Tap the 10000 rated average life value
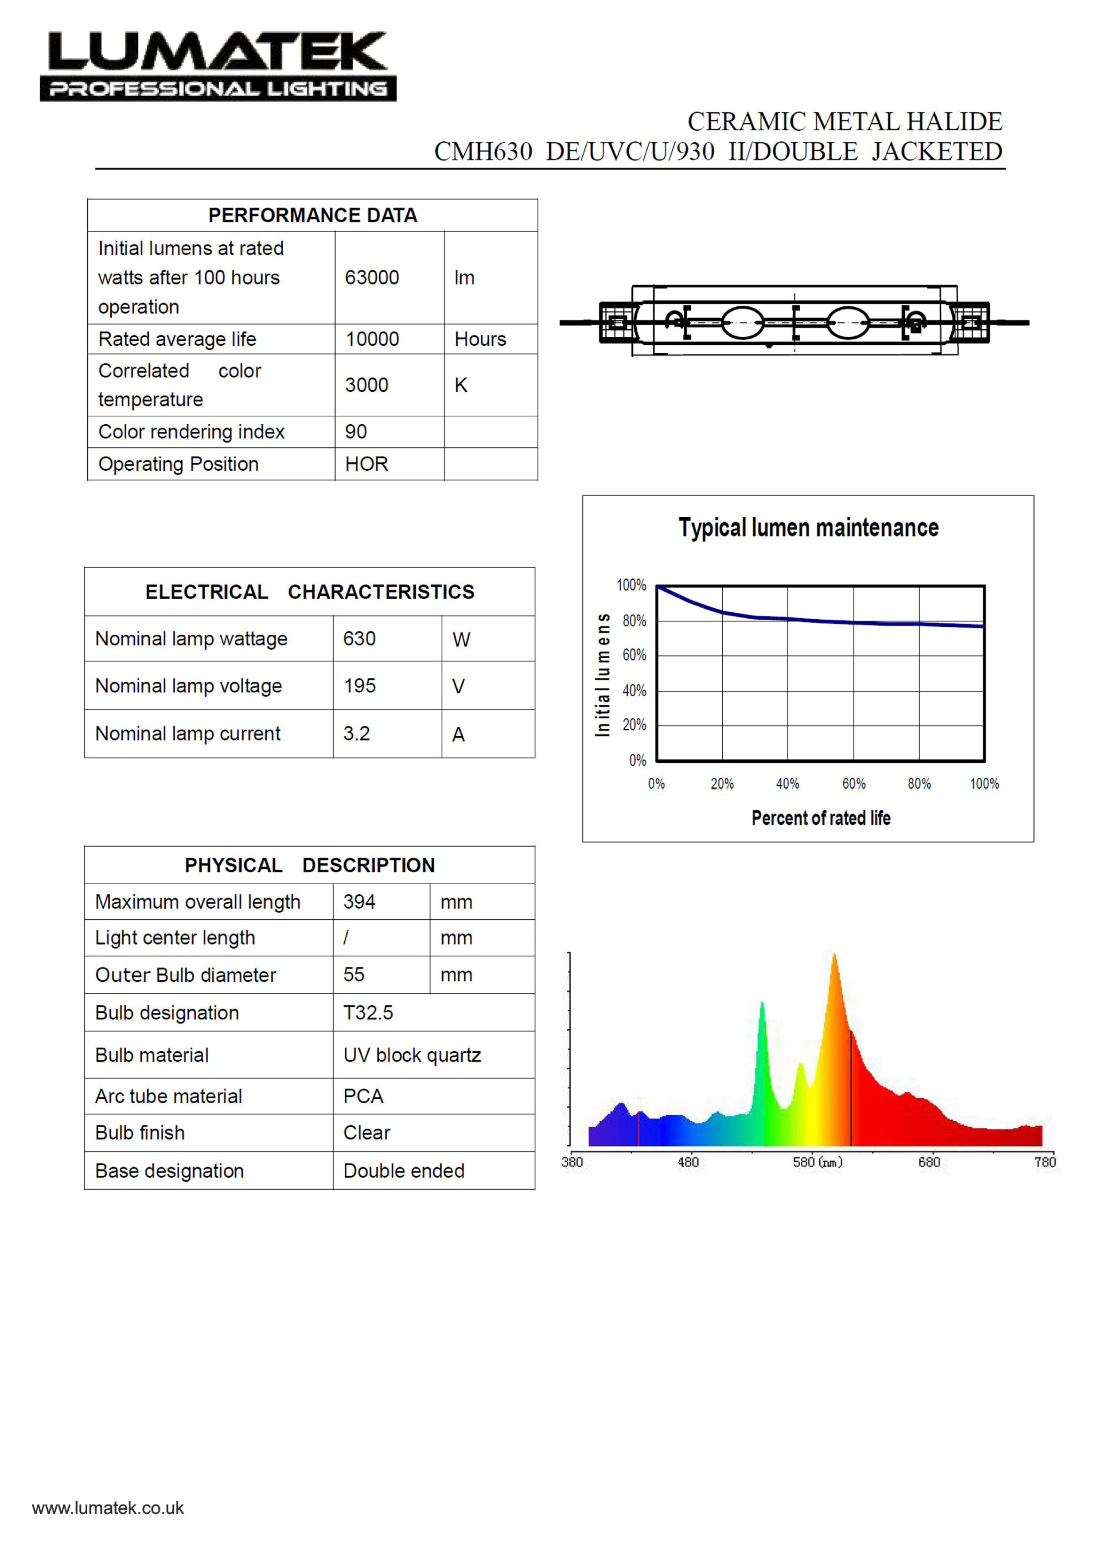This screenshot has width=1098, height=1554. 372,339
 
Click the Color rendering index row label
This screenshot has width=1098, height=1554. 191,432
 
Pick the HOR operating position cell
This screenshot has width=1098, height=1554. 367,465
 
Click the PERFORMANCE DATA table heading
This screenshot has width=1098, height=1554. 312,215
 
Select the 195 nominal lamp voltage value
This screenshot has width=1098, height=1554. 359,686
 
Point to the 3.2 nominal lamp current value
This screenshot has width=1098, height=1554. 357,734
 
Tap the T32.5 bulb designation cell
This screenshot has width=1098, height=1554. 368,1012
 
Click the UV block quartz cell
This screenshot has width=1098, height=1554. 412,1055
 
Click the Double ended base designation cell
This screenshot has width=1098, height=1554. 404,1171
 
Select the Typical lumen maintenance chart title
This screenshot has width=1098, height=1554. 809,528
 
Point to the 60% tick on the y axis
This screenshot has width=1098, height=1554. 634,655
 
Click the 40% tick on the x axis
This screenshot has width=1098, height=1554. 787,784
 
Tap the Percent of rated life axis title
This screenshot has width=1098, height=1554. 821,818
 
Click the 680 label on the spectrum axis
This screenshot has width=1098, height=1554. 929,1162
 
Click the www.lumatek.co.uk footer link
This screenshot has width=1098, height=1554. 108,1508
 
